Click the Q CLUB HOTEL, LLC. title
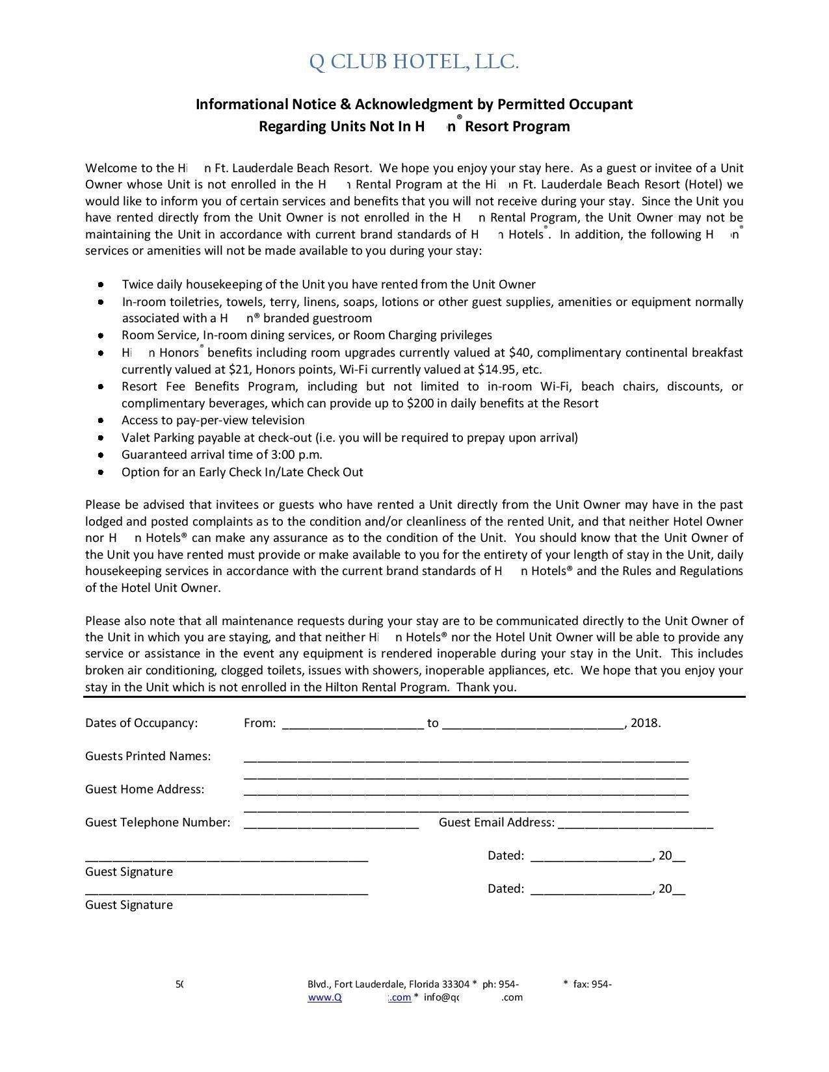[414, 62]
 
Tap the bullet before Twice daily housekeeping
[101, 285]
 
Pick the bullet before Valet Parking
[101, 438]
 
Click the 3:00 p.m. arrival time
[289, 455]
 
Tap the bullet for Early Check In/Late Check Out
[101, 472]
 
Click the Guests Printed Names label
[148, 756]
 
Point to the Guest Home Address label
[144, 789]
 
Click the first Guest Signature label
[129, 872]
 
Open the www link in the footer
[359, 998]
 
